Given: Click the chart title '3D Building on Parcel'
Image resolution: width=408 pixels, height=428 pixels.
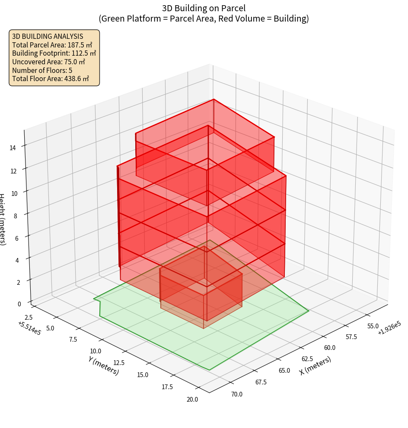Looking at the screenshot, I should click(x=204, y=8).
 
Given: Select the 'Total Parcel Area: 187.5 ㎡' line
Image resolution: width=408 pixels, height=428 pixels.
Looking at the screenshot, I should click(x=52, y=45).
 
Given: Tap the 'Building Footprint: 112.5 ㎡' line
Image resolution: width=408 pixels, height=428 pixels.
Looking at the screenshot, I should click(x=54, y=53).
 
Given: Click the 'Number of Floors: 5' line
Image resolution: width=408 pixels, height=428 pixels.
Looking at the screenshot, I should click(x=42, y=70).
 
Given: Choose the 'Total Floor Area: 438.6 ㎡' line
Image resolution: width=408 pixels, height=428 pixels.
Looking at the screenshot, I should click(x=51, y=79).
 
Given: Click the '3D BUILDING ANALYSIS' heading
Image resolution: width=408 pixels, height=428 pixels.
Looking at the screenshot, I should click(x=48, y=36).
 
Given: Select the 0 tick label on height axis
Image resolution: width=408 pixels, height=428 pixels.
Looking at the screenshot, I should click(x=20, y=303).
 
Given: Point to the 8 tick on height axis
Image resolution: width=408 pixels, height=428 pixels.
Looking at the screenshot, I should click(x=16, y=215).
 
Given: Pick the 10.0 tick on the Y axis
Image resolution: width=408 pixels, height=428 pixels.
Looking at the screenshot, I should click(x=96, y=351).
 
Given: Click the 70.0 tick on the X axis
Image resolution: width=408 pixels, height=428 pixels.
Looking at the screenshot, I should click(x=237, y=394).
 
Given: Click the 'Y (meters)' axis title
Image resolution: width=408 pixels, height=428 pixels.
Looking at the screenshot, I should click(x=104, y=365).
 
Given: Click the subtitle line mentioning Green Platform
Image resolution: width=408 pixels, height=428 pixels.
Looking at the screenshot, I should click(x=204, y=19).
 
